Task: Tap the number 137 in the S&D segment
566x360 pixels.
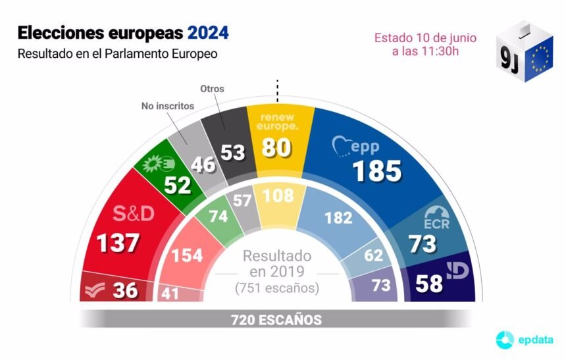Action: [x=118, y=242]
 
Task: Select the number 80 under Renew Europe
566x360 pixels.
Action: [x=277, y=147]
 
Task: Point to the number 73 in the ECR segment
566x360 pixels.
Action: [x=422, y=243]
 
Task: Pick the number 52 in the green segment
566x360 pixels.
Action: [x=178, y=186]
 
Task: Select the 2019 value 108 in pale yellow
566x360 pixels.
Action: [x=277, y=195]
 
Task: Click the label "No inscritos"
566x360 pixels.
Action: [x=167, y=105]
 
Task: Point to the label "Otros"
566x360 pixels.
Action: [x=212, y=89]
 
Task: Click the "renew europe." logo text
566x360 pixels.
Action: [x=277, y=121]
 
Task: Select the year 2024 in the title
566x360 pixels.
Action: [x=209, y=32]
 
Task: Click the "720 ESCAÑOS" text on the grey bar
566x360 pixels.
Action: [x=276, y=321]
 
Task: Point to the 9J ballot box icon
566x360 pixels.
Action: [x=525, y=53]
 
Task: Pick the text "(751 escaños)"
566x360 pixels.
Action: [x=277, y=288]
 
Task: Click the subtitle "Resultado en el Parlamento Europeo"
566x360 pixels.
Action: [x=117, y=53]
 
